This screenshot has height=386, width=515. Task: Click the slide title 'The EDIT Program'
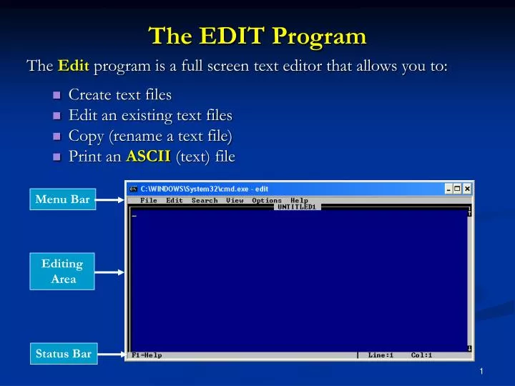point(257,35)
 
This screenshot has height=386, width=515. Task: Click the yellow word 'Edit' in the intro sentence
point(73,66)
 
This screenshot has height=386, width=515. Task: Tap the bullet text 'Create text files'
point(119,94)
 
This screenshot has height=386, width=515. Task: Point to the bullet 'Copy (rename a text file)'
point(151,136)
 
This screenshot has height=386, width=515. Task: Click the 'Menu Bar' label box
point(64,199)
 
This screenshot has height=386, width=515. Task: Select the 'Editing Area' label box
point(64,272)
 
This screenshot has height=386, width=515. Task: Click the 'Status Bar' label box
point(64,353)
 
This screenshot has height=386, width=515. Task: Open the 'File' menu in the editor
point(149,201)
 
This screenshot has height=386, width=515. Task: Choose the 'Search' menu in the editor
point(205,201)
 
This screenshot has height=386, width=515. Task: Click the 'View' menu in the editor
point(235,201)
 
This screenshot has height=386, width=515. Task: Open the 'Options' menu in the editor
point(267,201)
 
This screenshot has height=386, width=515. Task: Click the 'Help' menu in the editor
point(299,201)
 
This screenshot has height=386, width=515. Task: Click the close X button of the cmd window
point(466,189)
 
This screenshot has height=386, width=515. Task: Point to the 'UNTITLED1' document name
point(298,207)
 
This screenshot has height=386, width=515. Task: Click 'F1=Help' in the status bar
point(147,355)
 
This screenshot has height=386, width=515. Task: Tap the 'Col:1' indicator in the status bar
point(421,355)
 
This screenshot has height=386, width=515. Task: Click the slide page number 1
point(484,371)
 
